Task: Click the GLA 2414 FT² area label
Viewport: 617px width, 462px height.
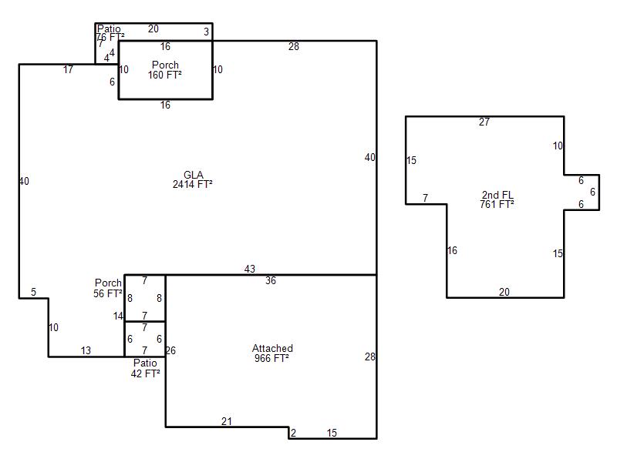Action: click(x=193, y=179)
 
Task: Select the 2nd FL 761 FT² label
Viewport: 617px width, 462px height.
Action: click(x=497, y=199)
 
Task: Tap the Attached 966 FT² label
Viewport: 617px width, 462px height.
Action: click(x=271, y=353)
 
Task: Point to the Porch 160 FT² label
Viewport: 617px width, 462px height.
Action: click(x=165, y=70)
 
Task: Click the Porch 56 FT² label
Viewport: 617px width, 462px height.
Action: click(x=108, y=288)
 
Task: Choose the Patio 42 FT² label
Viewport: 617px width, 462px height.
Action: click(x=145, y=368)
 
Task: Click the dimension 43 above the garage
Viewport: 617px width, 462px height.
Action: click(x=250, y=269)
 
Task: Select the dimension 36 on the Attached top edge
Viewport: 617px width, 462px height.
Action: click(x=271, y=281)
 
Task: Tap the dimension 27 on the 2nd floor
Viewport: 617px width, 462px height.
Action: click(x=484, y=122)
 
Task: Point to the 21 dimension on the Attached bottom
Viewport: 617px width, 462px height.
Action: click(x=227, y=421)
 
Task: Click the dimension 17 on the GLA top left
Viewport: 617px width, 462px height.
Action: click(x=69, y=70)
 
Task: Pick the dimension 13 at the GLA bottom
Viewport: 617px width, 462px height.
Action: click(x=86, y=350)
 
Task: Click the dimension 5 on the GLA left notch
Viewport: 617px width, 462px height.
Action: click(x=33, y=292)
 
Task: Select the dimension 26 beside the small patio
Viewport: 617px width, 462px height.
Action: click(x=170, y=350)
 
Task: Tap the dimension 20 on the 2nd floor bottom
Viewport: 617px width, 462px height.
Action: click(x=504, y=292)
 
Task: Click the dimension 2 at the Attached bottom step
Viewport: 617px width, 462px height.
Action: click(x=293, y=434)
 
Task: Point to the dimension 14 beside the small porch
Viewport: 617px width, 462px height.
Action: click(x=118, y=316)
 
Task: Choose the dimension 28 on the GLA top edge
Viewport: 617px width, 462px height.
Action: click(x=294, y=47)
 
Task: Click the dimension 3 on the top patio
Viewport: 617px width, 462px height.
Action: click(x=206, y=32)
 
